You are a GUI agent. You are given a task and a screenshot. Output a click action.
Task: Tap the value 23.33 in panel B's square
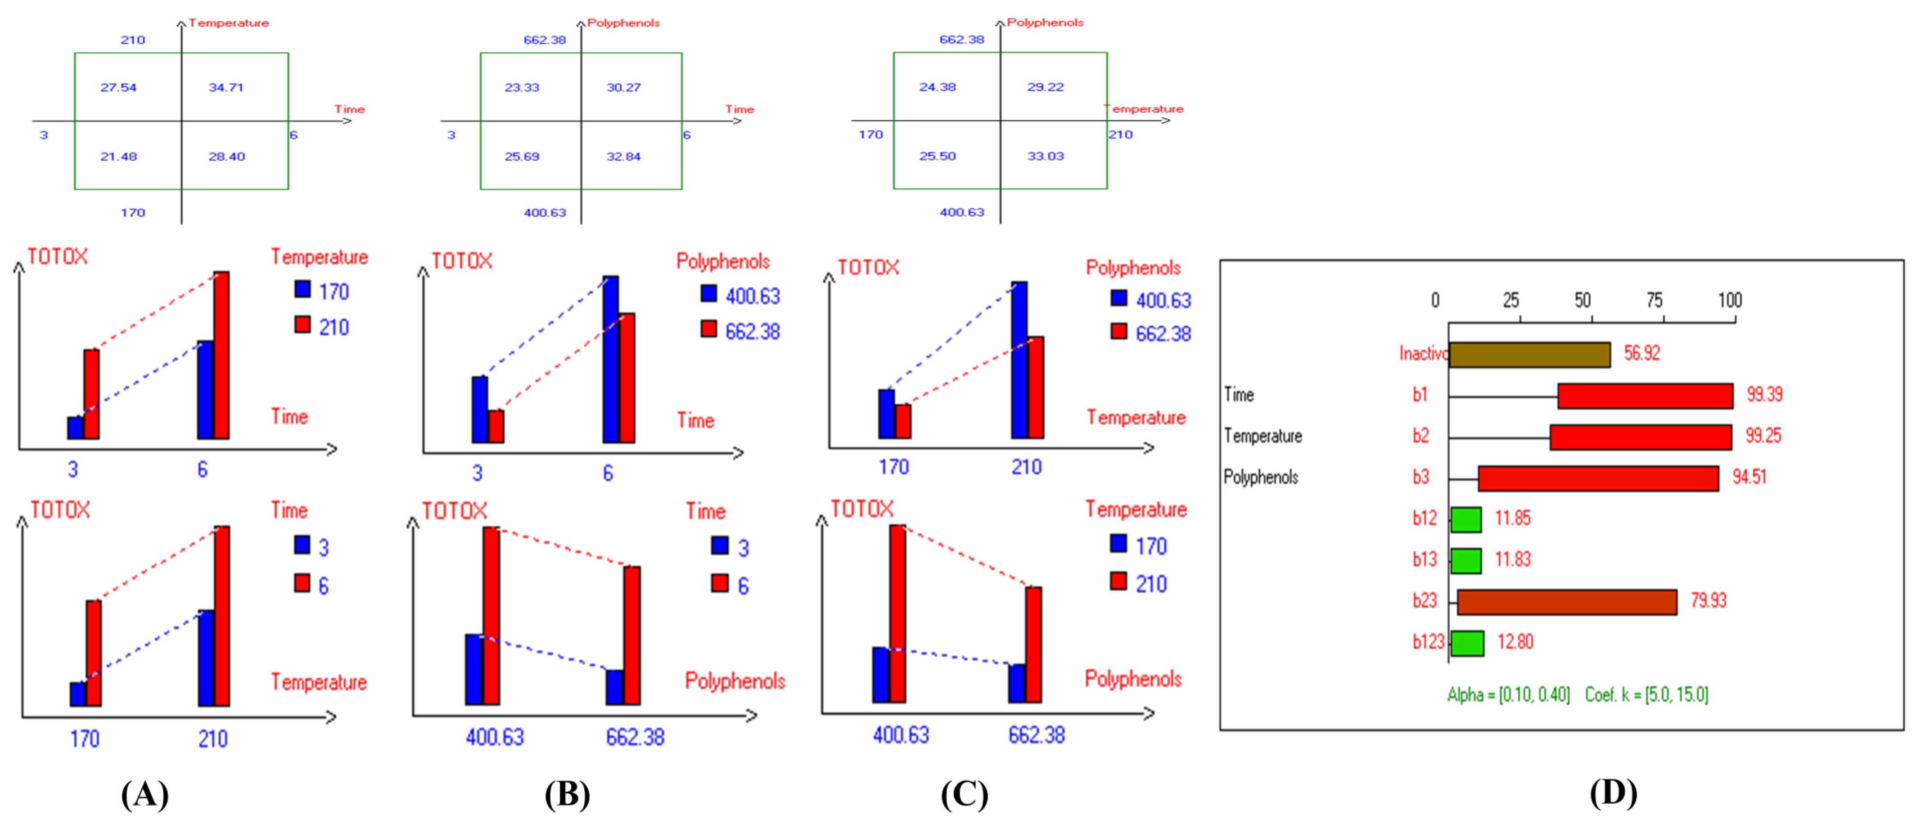[x=522, y=87]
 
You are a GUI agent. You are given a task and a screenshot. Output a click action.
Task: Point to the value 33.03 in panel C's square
[x=1046, y=156]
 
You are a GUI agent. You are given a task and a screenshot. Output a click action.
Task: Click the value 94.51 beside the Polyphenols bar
[x=1749, y=477]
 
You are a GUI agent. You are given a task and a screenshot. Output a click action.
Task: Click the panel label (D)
[x=1613, y=793]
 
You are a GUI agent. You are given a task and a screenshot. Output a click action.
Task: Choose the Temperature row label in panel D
[x=1263, y=436]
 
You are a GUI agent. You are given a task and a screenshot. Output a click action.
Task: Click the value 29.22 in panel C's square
[x=1046, y=86]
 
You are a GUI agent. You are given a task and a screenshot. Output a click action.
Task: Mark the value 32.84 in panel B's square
[x=623, y=156]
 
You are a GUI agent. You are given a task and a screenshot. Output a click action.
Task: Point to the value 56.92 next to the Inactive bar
[x=1642, y=353]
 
